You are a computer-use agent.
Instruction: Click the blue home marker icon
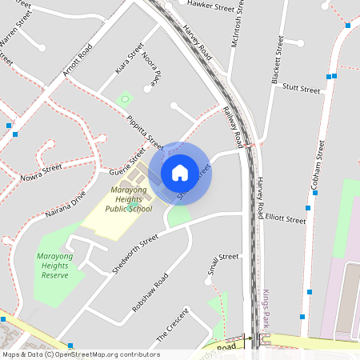tap(180, 172)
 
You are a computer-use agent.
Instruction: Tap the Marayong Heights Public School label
tap(118, 199)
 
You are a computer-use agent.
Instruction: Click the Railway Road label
tap(234, 127)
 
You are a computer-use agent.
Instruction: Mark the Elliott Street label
tap(286, 218)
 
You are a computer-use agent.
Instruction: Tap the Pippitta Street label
tap(145, 133)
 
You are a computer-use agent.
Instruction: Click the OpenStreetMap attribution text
tap(80, 354)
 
